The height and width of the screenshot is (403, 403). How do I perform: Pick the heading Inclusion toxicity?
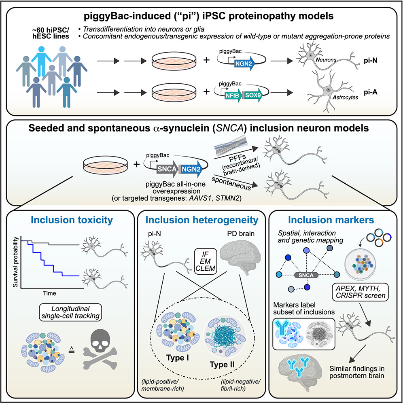69,221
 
